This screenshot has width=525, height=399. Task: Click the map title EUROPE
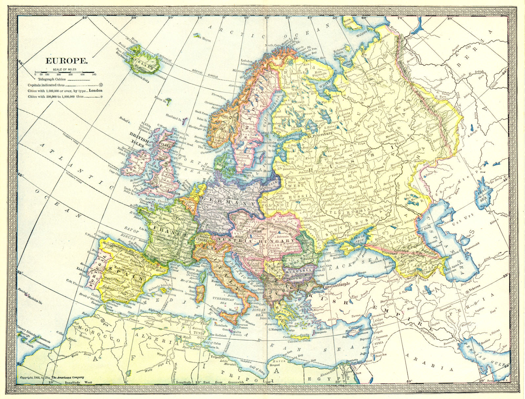pos(66,61)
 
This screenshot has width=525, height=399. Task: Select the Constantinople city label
pos(339,286)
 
